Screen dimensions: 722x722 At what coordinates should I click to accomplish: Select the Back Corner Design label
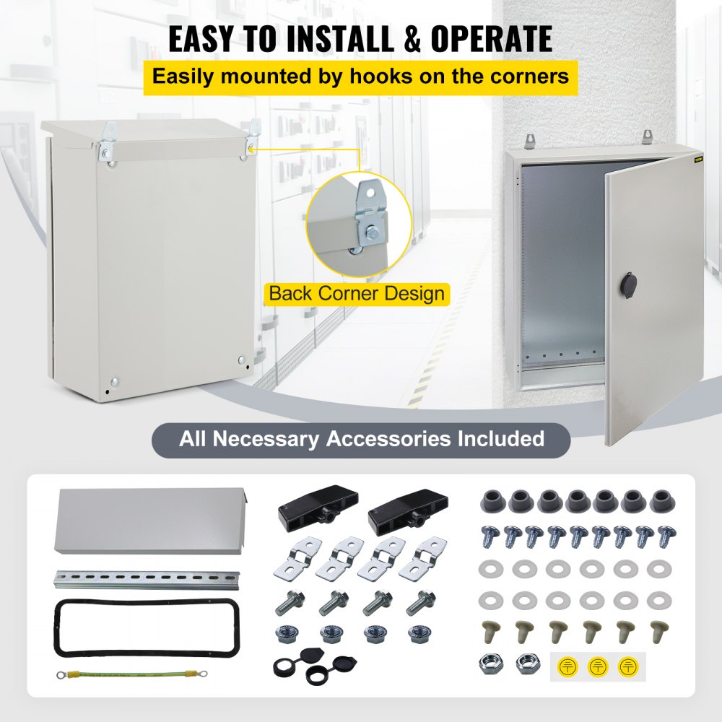coord(357,294)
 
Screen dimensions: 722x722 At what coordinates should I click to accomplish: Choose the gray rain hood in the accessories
coord(152,520)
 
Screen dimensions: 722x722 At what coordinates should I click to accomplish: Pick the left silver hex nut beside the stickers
coord(490,664)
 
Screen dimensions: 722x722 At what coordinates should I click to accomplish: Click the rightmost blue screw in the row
coord(666,535)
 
